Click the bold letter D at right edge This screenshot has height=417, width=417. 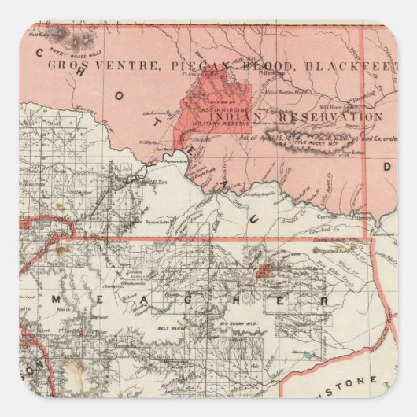point(386,168)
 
